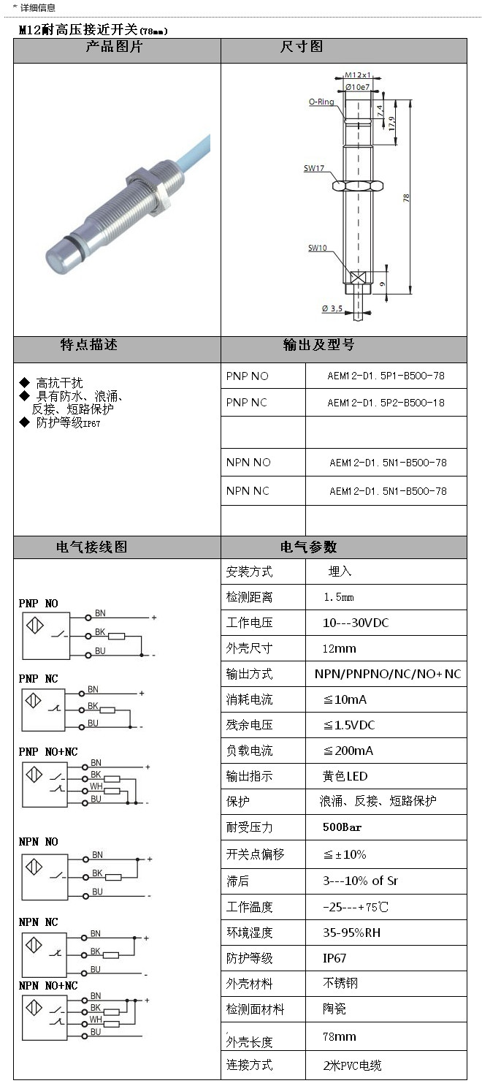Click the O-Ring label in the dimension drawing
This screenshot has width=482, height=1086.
(321, 102)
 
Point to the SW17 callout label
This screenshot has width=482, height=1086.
(314, 168)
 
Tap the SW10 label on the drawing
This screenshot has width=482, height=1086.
(317, 248)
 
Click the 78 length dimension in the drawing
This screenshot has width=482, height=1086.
(407, 197)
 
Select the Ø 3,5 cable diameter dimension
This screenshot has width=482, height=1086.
(332, 308)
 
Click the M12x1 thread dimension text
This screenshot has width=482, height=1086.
(359, 75)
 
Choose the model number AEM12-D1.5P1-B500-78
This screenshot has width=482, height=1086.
(386, 376)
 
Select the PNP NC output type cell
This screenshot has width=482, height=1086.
(247, 403)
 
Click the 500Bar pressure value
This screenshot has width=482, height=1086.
(343, 827)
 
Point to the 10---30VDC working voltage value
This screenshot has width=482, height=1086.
(356, 623)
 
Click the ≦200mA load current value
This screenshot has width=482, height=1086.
(348, 751)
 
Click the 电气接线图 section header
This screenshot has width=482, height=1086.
(92, 547)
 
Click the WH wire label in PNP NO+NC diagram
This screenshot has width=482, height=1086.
(96, 786)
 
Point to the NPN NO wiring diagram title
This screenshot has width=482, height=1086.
(39, 842)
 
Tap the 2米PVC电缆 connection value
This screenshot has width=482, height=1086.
(352, 1066)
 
